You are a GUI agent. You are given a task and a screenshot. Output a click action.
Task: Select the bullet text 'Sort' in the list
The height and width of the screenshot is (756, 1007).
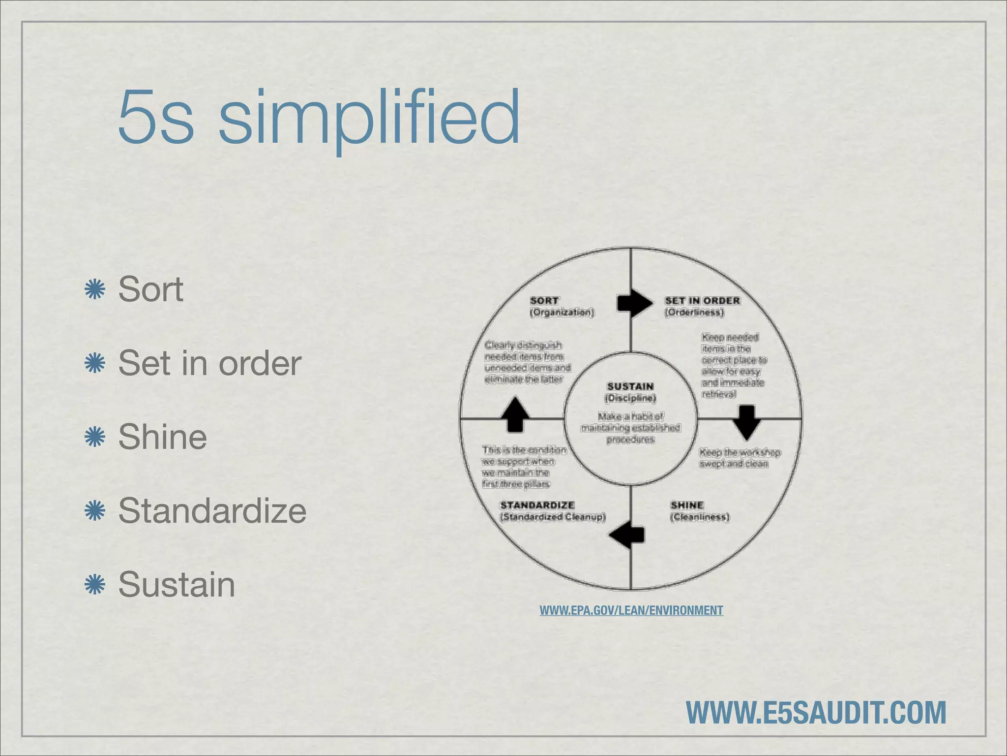150,289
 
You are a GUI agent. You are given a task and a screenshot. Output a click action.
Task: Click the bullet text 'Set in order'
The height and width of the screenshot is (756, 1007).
209,363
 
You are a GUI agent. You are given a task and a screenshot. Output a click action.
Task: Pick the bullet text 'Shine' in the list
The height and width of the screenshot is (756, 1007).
162,437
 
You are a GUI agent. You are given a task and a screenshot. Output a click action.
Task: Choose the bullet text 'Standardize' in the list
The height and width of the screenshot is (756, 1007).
212,511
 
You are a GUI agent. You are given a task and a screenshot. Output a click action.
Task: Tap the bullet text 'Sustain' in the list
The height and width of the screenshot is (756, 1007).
177,585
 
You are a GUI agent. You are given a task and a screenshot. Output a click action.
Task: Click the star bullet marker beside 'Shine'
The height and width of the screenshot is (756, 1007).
95,437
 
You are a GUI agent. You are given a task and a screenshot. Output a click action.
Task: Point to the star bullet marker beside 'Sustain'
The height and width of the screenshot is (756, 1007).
95,584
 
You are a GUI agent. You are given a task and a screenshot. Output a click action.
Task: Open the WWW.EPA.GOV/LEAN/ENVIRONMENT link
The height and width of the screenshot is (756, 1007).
631,610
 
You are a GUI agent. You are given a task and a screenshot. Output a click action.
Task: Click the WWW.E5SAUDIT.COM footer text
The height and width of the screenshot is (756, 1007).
816,712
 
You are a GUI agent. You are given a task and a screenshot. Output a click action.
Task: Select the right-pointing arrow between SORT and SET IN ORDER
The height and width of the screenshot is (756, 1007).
635,303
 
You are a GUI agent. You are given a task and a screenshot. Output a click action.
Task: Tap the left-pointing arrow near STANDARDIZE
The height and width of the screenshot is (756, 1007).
627,535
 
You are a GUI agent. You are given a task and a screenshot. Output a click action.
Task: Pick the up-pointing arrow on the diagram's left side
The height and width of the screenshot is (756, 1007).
515,415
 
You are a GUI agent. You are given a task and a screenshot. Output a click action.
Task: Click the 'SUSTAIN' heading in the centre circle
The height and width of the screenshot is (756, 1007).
630,386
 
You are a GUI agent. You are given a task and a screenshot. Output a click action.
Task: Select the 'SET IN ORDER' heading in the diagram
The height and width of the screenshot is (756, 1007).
702,300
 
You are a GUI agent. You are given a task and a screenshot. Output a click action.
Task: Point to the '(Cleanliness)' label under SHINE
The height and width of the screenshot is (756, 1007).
700,517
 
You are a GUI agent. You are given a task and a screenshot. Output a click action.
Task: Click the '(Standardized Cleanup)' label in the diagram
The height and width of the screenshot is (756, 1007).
553,517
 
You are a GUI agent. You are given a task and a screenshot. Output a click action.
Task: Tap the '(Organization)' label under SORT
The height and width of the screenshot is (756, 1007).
562,312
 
